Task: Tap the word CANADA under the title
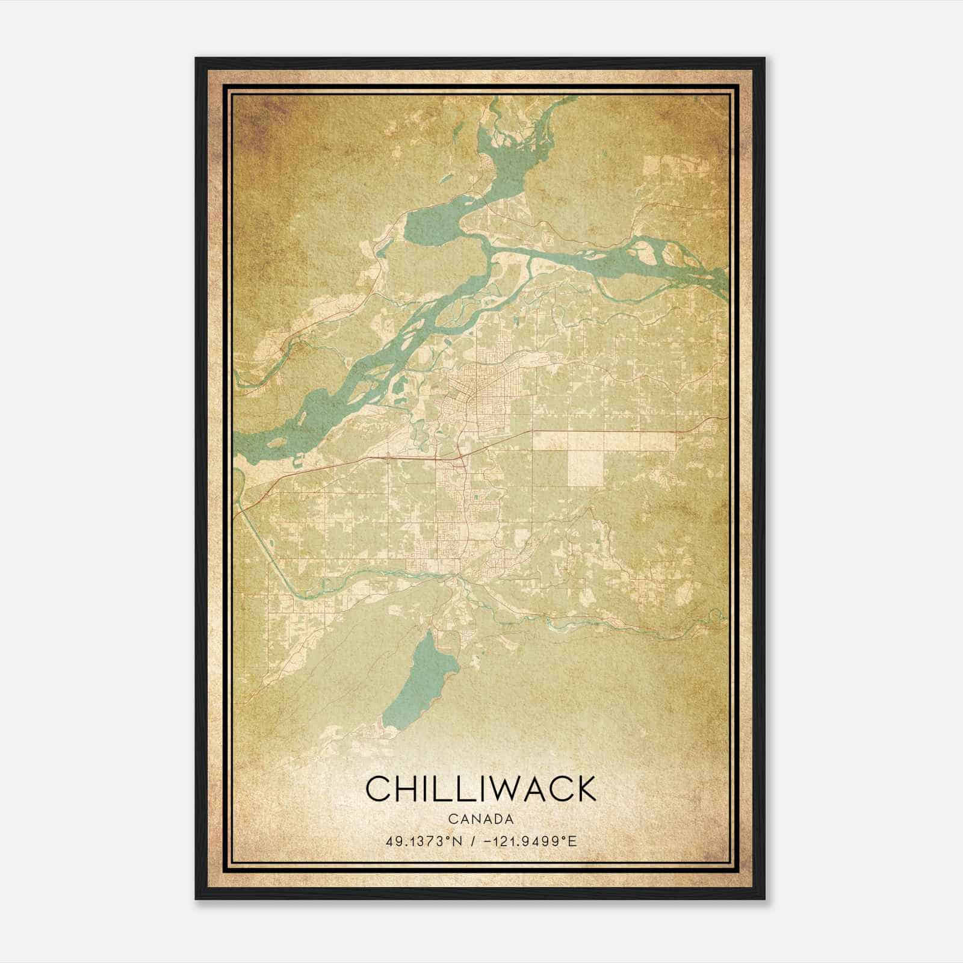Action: tap(480, 819)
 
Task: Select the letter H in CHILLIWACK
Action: tap(406, 788)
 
